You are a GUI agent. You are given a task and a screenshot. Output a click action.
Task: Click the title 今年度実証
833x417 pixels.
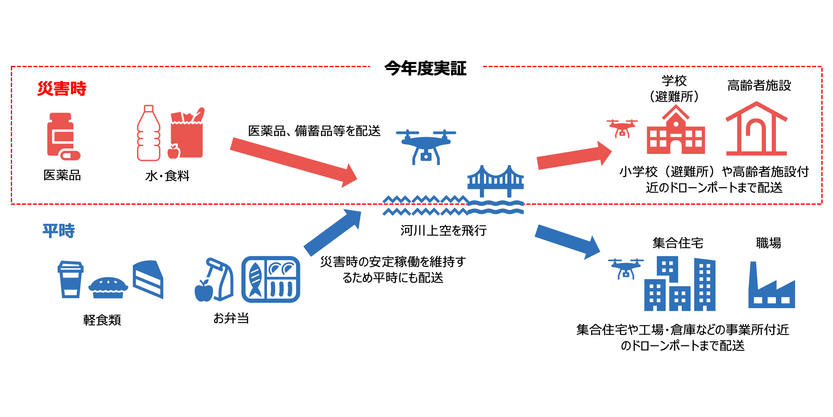pyautogui.click(x=425, y=68)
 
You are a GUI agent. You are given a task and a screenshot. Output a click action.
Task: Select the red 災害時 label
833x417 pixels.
pyautogui.click(x=62, y=88)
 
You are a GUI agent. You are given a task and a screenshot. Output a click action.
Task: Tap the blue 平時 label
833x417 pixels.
pyautogui.click(x=59, y=231)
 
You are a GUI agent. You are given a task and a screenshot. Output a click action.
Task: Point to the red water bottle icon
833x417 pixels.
pyautogui.click(x=149, y=133)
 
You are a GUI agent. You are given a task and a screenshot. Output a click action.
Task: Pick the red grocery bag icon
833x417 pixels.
pyautogui.click(x=187, y=133)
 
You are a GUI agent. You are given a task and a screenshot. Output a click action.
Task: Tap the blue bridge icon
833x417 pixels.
pyautogui.click(x=496, y=181)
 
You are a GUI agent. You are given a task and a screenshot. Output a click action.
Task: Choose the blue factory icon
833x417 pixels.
pyautogui.click(x=771, y=288)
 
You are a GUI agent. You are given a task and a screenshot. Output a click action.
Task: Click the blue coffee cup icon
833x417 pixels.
pyautogui.click(x=70, y=279)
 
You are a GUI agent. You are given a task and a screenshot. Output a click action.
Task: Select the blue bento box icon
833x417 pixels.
pyautogui.click(x=271, y=279)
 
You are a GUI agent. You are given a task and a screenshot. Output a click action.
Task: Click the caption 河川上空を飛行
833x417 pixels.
pyautogui.click(x=443, y=230)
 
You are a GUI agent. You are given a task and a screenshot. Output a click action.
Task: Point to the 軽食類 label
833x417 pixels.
pyautogui.click(x=102, y=320)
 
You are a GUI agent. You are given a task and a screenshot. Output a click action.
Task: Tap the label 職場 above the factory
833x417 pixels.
pyautogui.click(x=768, y=243)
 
